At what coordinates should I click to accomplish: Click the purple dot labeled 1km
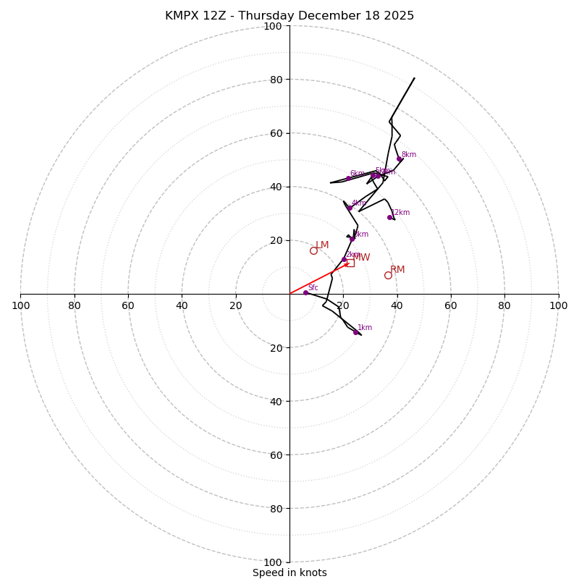[x=355, y=332]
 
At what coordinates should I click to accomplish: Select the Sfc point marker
[x=305, y=292]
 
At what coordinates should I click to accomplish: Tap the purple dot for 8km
[x=399, y=159]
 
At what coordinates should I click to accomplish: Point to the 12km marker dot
[x=389, y=217]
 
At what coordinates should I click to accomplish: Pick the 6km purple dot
[x=348, y=178]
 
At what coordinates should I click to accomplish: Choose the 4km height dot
[x=350, y=208]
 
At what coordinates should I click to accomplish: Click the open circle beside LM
[x=313, y=250]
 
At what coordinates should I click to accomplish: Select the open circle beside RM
[x=388, y=275]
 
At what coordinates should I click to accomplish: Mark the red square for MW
[x=350, y=263]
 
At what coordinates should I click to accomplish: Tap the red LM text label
[x=322, y=245]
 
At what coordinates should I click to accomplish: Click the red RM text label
[x=397, y=270]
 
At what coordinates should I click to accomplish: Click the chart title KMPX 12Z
[x=289, y=16]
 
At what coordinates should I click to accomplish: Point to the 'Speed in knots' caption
[x=289, y=572]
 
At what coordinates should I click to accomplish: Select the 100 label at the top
[x=273, y=26]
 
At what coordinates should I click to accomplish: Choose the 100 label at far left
[x=20, y=305]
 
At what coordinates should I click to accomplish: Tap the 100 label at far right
[x=558, y=305]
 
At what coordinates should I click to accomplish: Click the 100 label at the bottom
[x=273, y=562]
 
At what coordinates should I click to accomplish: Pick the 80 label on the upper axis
[x=276, y=80]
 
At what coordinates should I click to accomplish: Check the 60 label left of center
[x=128, y=305]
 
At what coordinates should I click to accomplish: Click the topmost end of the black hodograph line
[x=415, y=78]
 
